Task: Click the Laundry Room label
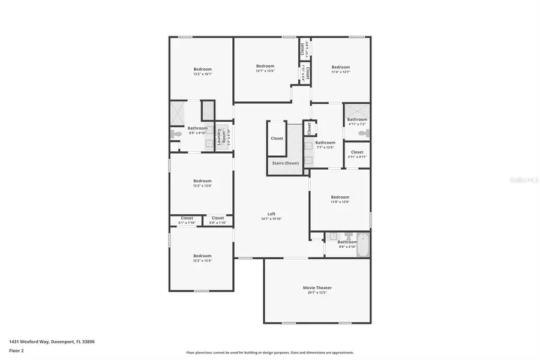point(220,136)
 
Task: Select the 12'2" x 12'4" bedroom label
point(202,259)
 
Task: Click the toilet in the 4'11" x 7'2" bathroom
point(362,133)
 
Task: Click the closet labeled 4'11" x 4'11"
point(357,154)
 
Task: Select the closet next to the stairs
point(277,139)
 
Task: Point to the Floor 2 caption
point(16,350)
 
